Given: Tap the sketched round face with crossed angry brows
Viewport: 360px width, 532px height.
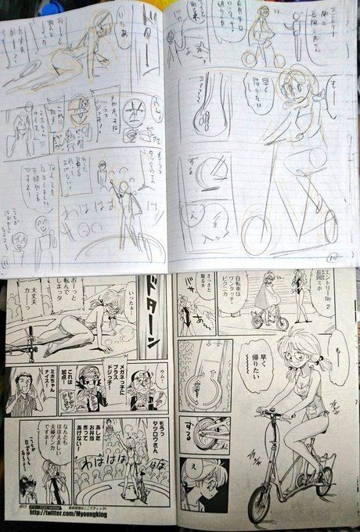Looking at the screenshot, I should click(x=116, y=115).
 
